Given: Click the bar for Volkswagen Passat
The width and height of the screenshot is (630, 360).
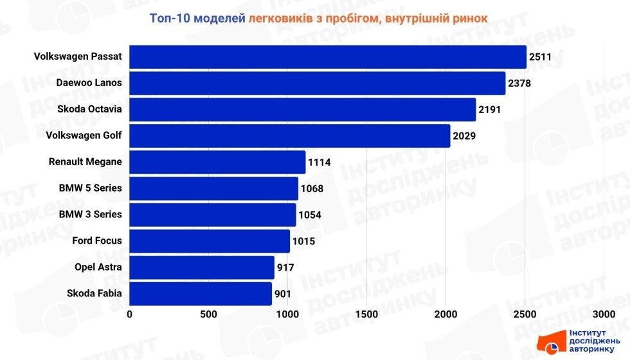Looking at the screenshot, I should pyautogui.click(x=328, y=57).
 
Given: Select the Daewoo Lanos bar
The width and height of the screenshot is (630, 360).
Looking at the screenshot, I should pyautogui.click(x=318, y=83).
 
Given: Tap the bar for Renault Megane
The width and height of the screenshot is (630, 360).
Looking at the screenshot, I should pyautogui.click(x=217, y=162).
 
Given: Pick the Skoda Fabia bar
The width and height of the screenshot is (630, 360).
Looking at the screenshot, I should pyautogui.click(x=201, y=294).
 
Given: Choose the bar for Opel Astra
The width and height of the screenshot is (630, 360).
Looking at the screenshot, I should pyautogui.click(x=202, y=267).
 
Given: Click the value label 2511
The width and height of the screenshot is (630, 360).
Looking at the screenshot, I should pyautogui.click(x=541, y=57).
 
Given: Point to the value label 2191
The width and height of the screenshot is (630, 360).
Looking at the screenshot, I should pyautogui.click(x=489, y=110).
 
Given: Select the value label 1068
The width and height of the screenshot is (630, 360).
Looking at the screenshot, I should pyautogui.click(x=312, y=189).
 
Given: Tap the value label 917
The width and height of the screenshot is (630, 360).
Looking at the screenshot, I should pyautogui.click(x=285, y=267).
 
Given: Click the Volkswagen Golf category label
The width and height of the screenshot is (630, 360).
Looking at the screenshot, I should pyautogui.click(x=84, y=136).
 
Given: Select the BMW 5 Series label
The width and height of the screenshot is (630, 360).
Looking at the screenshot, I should pyautogui.click(x=90, y=188).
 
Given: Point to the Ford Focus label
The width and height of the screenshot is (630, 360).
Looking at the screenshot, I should pyautogui.click(x=96, y=241).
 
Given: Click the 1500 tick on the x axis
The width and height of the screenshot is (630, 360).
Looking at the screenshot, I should pyautogui.click(x=366, y=314).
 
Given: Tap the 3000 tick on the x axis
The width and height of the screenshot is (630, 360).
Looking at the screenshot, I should pyautogui.click(x=604, y=314).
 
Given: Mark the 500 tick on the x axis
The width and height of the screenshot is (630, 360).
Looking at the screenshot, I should pyautogui.click(x=208, y=314).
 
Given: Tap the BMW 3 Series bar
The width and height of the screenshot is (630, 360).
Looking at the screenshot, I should pyautogui.click(x=213, y=215).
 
